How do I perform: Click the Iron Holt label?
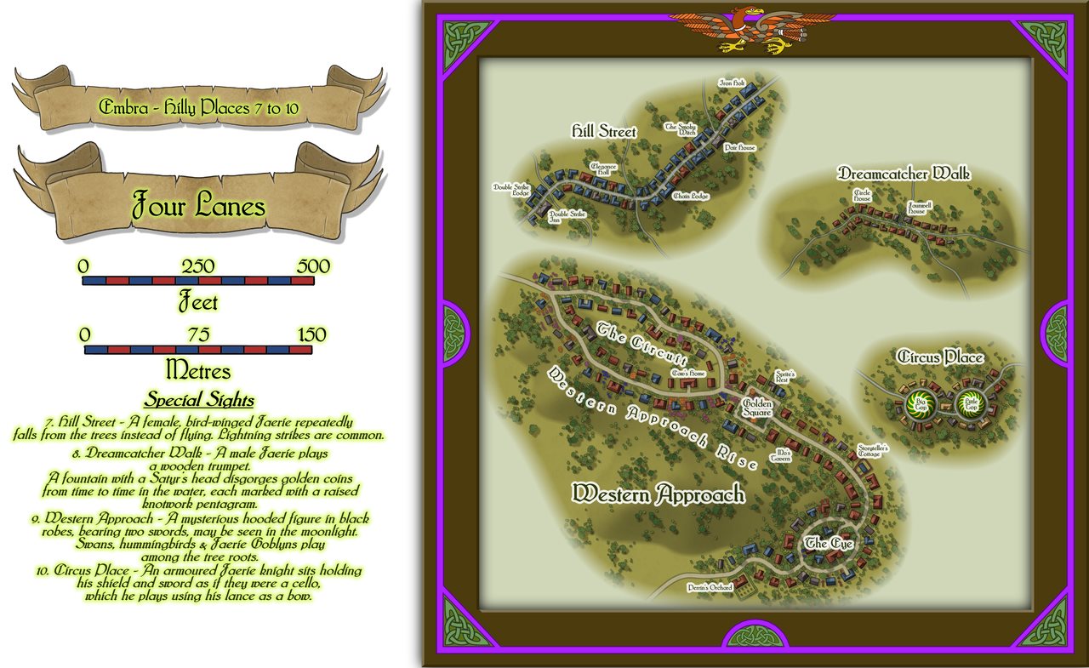(732, 83)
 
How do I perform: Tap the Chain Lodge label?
(690, 196)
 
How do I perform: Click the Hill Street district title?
(603, 132)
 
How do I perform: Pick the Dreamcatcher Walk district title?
(904, 174)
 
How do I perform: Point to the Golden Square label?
(757, 408)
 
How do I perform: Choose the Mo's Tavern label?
(780, 456)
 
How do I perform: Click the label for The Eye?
(829, 543)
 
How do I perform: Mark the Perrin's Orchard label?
(710, 587)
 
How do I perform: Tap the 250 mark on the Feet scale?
(197, 265)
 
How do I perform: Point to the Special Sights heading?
(198, 399)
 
